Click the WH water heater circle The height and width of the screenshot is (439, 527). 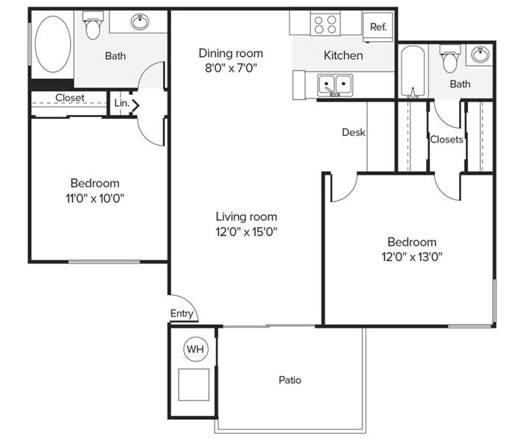coord(194,349)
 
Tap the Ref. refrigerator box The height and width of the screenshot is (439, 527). coord(378,27)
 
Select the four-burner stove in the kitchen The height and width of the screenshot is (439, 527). coord(325,25)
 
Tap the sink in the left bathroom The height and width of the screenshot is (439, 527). coord(140,22)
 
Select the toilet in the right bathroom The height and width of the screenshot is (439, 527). coord(450,60)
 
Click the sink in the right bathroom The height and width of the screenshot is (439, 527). coord(480,55)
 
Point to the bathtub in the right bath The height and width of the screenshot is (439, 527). coord(412,71)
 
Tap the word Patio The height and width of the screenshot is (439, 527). coord(290,380)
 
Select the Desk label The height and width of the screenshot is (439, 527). coord(353,132)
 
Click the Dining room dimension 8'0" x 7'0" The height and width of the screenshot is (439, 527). coord(230,68)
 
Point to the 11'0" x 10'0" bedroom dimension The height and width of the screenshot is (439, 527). coord(95,198)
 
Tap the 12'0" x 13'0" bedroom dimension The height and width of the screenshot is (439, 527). coord(411,257)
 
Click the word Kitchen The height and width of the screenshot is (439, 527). coord(343,55)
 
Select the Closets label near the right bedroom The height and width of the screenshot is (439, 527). coord(446,139)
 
